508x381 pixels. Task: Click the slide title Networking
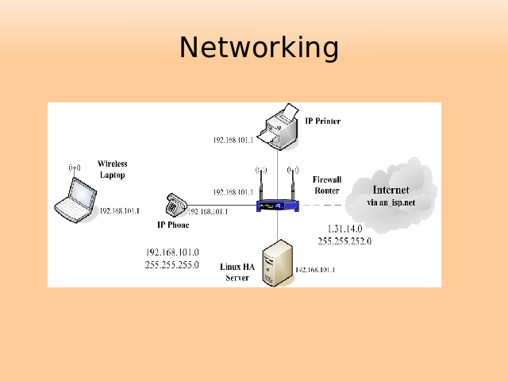click(x=259, y=48)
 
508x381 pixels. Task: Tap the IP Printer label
click(x=323, y=121)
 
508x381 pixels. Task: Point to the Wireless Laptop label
click(x=112, y=169)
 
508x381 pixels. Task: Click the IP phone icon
click(x=175, y=204)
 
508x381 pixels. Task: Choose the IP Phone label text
click(x=174, y=225)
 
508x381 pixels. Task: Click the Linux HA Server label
click(x=237, y=271)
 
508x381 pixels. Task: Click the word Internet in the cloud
click(x=391, y=190)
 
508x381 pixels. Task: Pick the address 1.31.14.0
click(x=344, y=229)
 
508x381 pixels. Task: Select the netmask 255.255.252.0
click(x=344, y=241)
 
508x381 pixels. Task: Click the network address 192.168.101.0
click(x=171, y=253)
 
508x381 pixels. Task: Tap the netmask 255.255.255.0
click(x=171, y=265)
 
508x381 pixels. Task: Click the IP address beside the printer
click(x=233, y=140)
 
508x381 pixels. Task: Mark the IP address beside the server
click(x=315, y=270)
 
